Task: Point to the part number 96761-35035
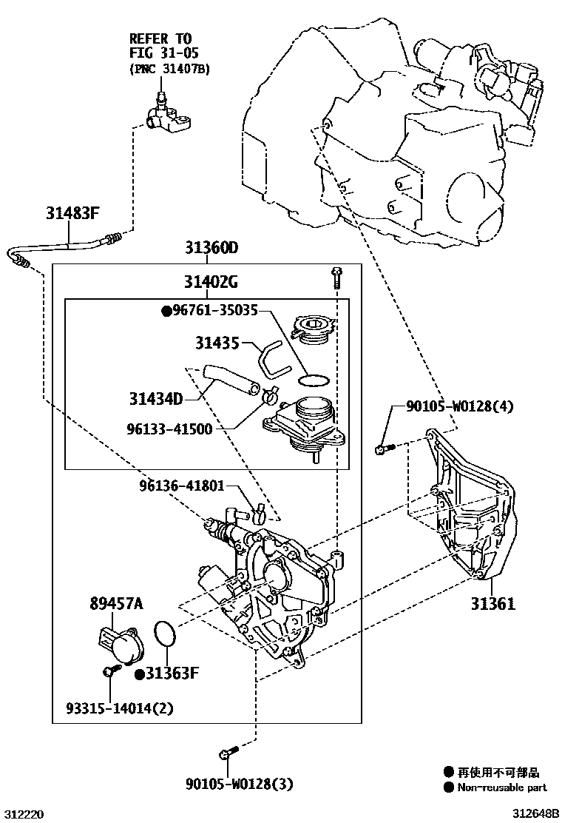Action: tap(214, 312)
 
